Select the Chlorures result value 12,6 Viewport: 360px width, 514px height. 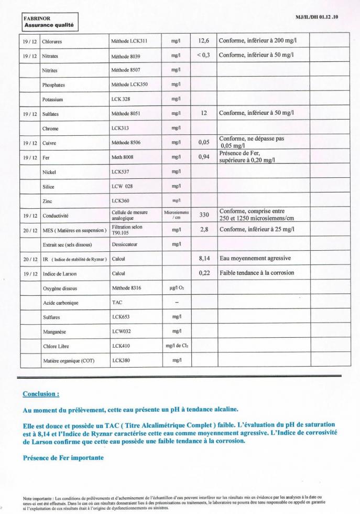click(x=204, y=40)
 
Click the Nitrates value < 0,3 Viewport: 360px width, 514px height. click(x=203, y=55)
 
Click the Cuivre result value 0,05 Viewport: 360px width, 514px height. click(x=204, y=142)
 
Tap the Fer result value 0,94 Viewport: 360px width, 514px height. click(x=204, y=156)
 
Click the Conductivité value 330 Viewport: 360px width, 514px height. click(x=204, y=215)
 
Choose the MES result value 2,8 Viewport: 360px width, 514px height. click(x=204, y=229)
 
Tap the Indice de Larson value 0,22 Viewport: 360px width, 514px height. click(x=204, y=273)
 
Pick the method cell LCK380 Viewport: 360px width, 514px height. click(x=122, y=361)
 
